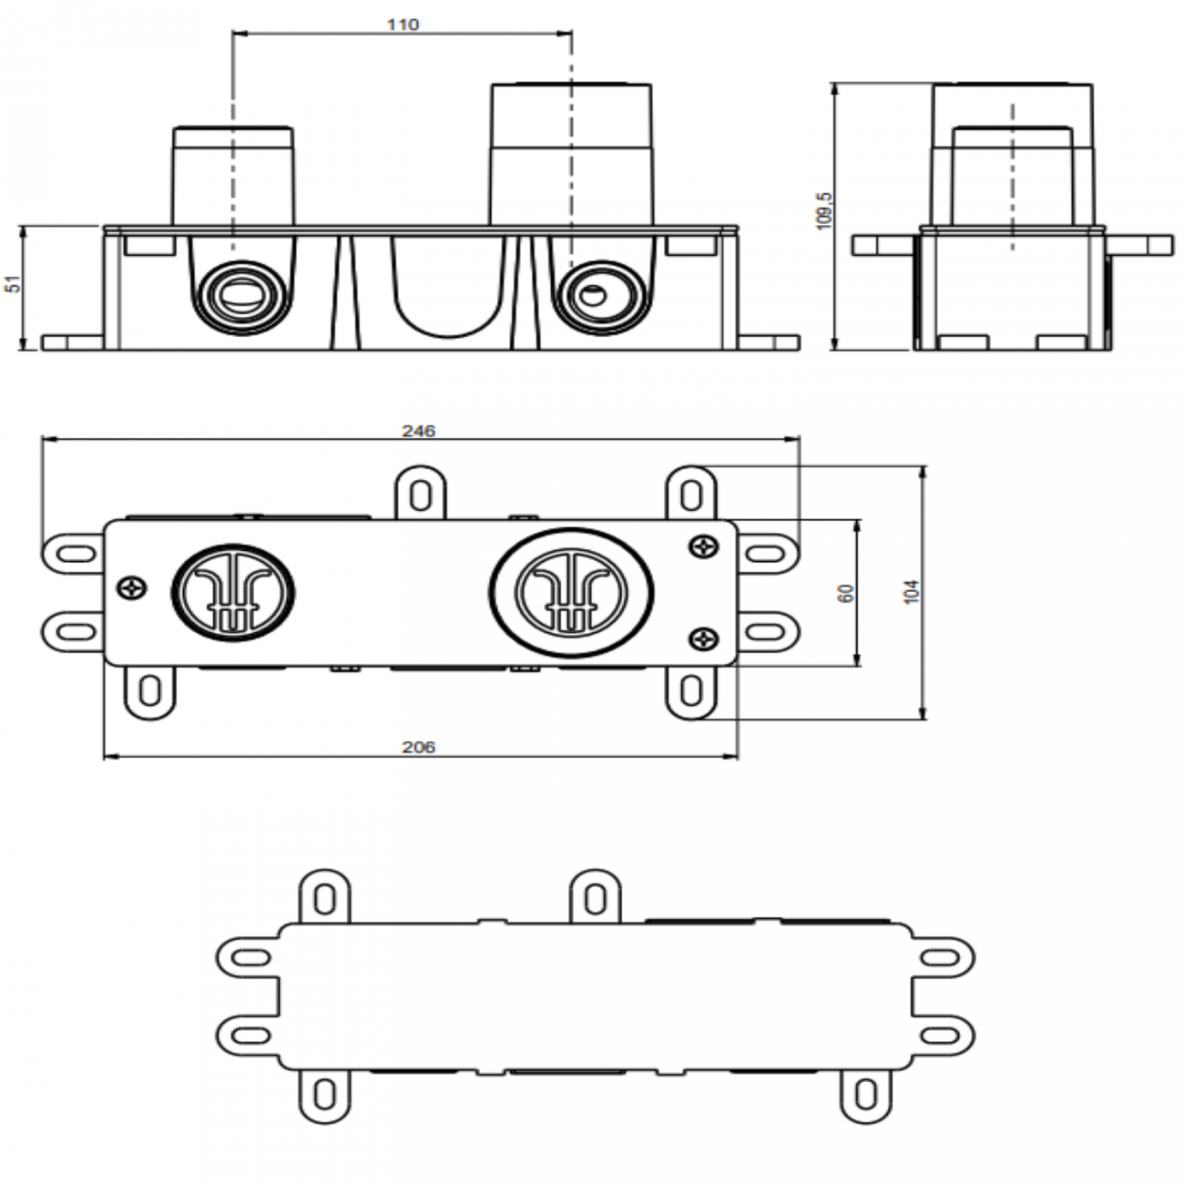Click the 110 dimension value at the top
tap(403, 25)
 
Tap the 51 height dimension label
tap(14, 285)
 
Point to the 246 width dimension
tap(419, 431)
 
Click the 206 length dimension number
tap(419, 748)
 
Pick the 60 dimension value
tap(846, 593)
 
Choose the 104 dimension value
tap(914, 592)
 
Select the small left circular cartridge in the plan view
tap(233, 591)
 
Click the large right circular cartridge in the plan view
tap(571, 591)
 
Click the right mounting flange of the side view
tap(1140, 245)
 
